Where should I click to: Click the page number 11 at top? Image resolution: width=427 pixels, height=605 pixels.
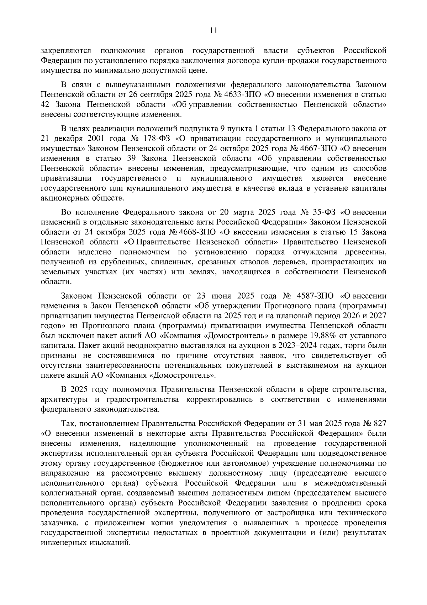click(x=213, y=31)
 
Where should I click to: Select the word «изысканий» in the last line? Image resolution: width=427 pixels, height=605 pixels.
click(x=111, y=543)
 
